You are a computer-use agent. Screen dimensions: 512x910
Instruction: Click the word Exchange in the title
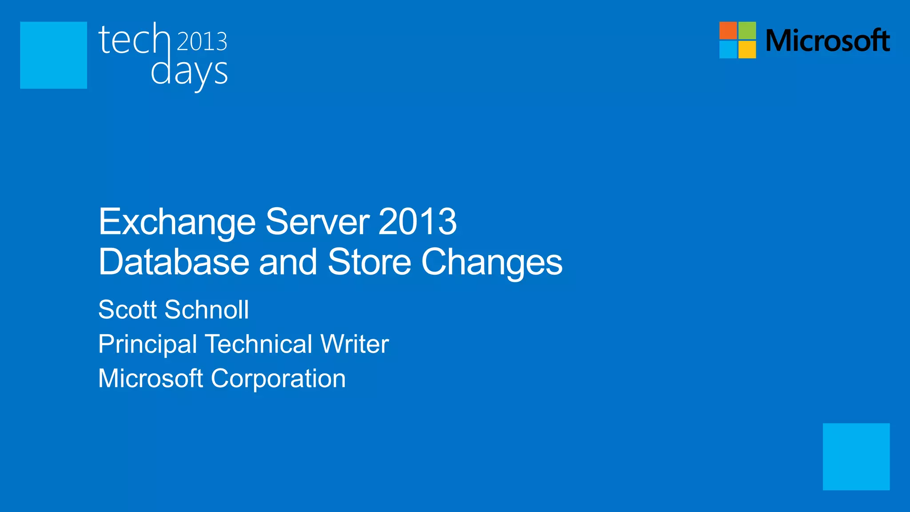[177, 222]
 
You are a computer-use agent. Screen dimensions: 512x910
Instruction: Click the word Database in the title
[174, 262]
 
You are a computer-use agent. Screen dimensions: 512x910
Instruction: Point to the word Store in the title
[369, 262]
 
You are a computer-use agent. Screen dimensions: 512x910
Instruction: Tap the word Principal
[148, 344]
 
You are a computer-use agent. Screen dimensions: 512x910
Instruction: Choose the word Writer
[355, 344]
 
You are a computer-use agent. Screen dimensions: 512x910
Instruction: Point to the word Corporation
[278, 379]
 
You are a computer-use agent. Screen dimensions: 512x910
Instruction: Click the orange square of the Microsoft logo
[728, 30]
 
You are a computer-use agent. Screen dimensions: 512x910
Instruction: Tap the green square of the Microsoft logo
[747, 30]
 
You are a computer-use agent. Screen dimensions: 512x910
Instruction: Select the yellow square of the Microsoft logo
[747, 50]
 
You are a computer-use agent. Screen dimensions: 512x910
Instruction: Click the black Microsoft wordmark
[828, 40]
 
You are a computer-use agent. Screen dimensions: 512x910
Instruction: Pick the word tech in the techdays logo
[134, 40]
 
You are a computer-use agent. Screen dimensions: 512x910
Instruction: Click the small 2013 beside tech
[202, 41]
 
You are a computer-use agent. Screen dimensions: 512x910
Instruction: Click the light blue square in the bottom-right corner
[856, 456]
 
